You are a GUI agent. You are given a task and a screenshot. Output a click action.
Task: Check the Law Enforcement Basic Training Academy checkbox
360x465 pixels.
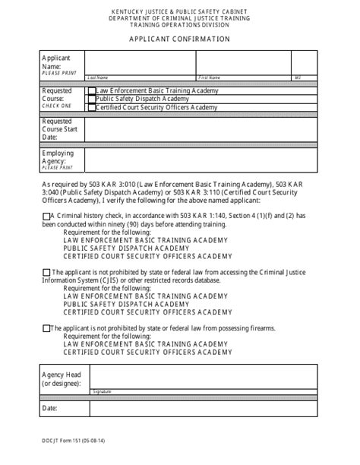[x=92, y=90]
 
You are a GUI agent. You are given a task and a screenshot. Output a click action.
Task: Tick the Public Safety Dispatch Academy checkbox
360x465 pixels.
[x=92, y=99]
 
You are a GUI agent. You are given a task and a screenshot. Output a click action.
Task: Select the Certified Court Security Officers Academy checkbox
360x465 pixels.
[x=92, y=108]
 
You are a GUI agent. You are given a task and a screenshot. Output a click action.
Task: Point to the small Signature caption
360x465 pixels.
[x=101, y=391]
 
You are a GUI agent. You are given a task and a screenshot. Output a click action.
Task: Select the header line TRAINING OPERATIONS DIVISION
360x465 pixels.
[x=180, y=24]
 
